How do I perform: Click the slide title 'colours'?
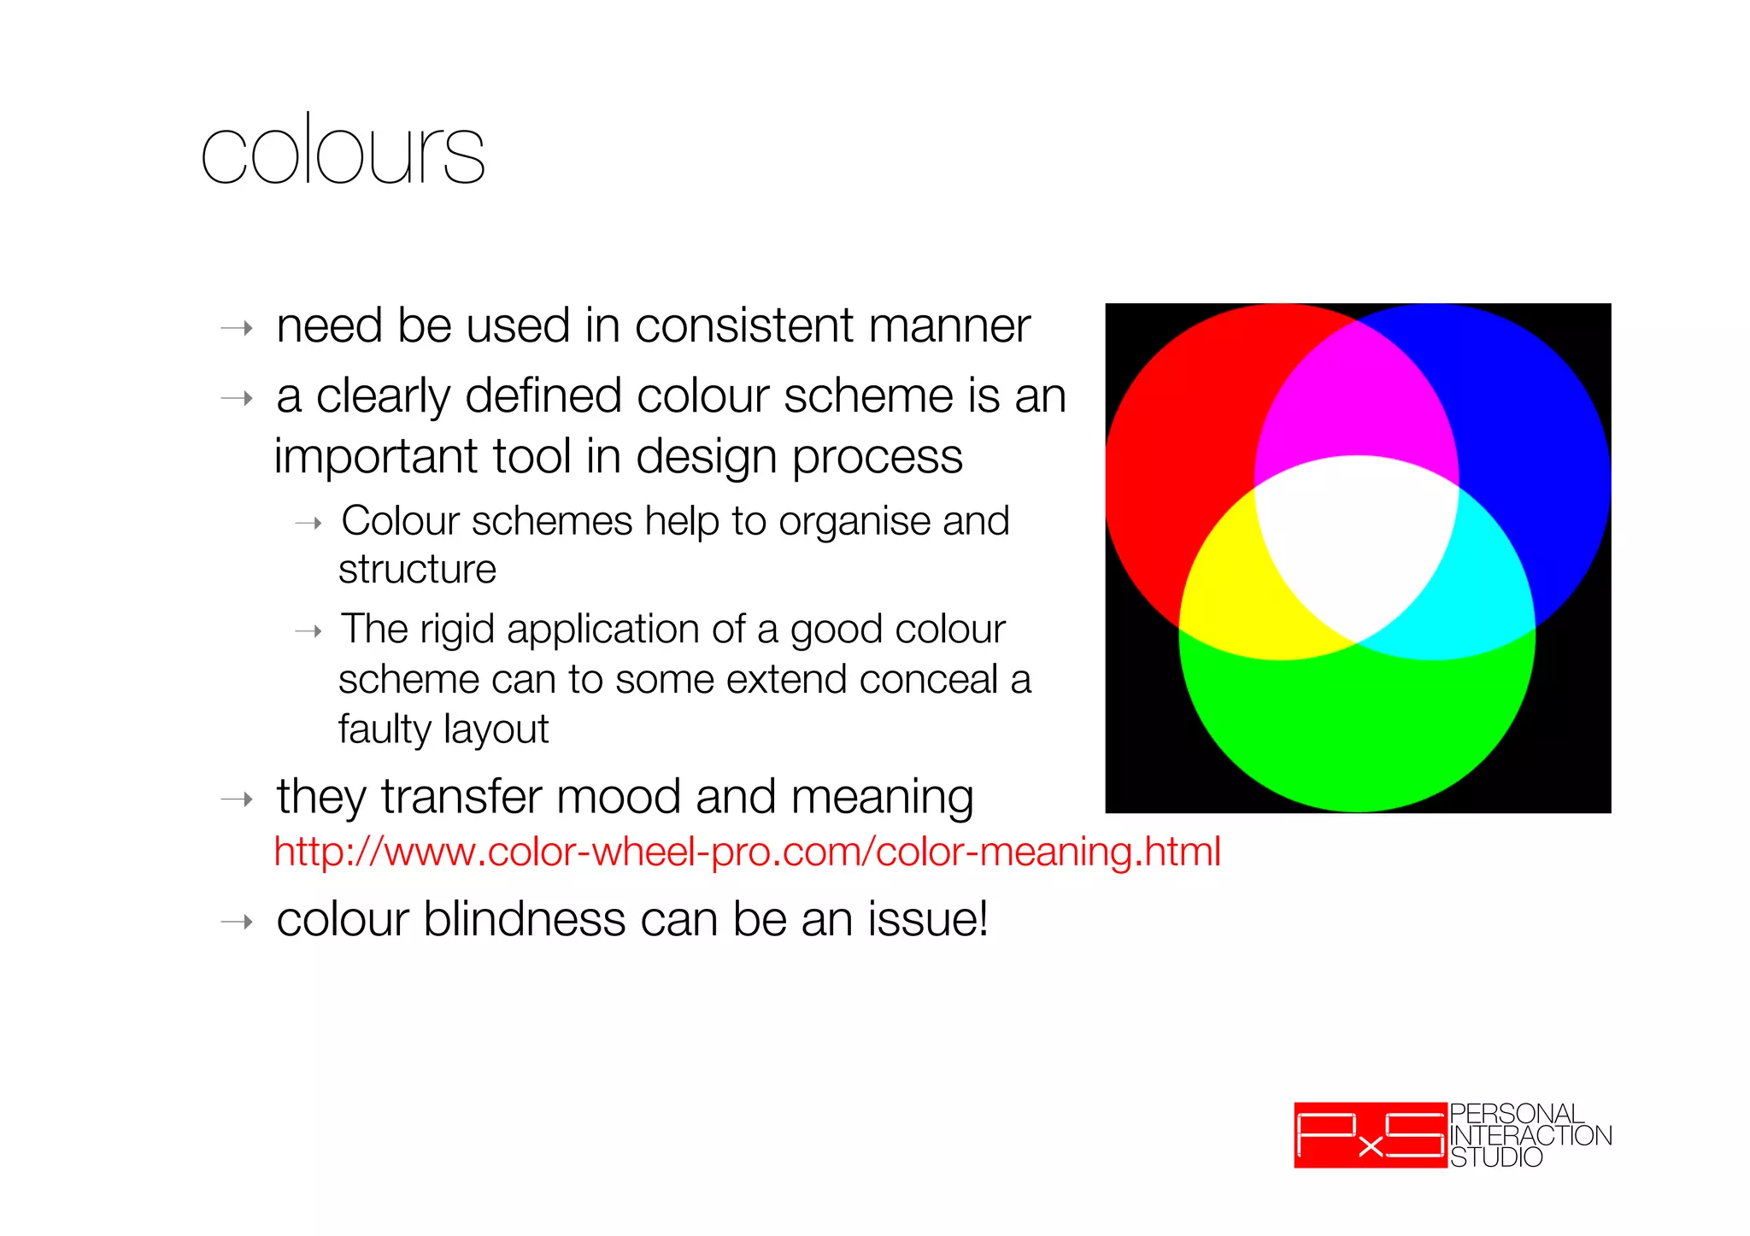tap(343, 151)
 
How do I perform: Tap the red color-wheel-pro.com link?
tap(747, 852)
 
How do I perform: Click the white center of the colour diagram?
tap(1356, 538)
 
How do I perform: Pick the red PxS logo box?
tap(1370, 1135)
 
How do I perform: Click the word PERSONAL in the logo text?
tap(1516, 1114)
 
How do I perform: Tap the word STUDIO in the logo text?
tap(1496, 1157)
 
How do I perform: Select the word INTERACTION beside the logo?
tap(1530, 1136)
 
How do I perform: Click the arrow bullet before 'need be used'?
tap(237, 329)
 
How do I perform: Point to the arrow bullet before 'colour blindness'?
tap(237, 922)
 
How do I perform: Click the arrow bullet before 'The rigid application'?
tap(308, 632)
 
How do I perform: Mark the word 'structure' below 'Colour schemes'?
tap(417, 570)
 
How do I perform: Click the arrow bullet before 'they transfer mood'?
tap(237, 800)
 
